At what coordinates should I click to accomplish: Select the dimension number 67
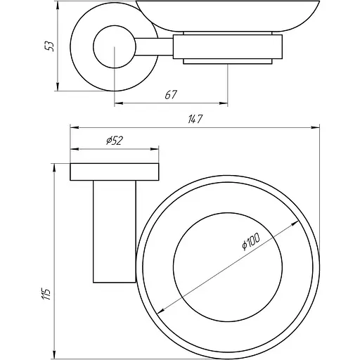pos(170,95)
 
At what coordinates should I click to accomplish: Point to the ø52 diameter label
pos(115,141)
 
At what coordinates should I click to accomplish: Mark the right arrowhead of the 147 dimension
pos(316,127)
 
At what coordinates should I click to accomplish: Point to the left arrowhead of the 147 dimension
pos(72,127)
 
